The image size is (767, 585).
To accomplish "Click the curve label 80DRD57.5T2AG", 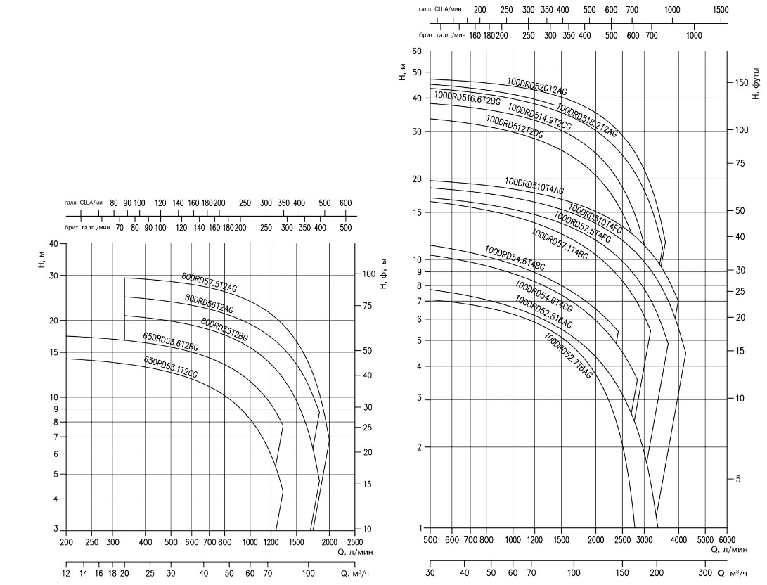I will coord(210,282).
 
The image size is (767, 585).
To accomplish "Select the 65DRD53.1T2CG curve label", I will coord(170,368).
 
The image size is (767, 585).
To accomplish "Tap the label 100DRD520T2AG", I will coord(537,87).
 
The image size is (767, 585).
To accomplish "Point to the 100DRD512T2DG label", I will coord(515,127).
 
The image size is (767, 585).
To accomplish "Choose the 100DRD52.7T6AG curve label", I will coord(568,356).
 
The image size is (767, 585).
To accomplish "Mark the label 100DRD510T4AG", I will coord(534,186).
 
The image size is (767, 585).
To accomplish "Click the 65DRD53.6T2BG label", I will coord(171,342).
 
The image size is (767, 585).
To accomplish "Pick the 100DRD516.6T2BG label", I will coord(467,99).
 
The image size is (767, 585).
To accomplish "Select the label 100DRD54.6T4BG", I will coord(515,259).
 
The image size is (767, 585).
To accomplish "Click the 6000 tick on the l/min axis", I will coord(726,540).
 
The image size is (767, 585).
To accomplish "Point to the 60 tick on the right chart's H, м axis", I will coord(417,51).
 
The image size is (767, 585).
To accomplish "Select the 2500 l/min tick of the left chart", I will coord(355,542).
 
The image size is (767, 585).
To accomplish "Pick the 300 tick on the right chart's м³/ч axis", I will coord(706,573).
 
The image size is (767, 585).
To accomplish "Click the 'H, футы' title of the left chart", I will coord(384,274).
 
